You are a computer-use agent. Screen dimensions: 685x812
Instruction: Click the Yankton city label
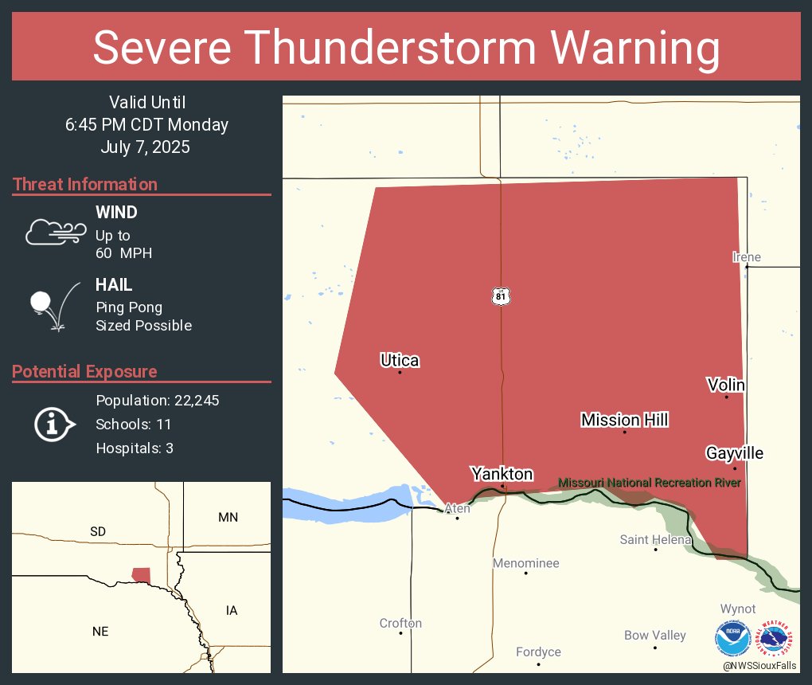pyautogui.click(x=502, y=474)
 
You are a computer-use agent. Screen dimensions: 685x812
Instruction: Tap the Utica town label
pyautogui.click(x=400, y=360)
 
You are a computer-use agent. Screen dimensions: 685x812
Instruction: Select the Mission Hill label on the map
pyautogui.click(x=624, y=420)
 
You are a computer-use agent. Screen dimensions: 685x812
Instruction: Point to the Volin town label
pyautogui.click(x=726, y=385)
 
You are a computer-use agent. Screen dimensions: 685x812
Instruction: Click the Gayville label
pyautogui.click(x=734, y=453)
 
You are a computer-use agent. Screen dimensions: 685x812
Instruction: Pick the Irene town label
pyautogui.click(x=747, y=256)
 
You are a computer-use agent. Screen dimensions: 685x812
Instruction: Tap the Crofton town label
pyautogui.click(x=400, y=623)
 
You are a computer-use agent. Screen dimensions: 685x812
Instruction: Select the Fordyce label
pyautogui.click(x=538, y=652)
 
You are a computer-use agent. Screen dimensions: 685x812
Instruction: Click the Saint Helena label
pyautogui.click(x=655, y=539)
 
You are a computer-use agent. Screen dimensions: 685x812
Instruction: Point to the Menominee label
pyautogui.click(x=525, y=563)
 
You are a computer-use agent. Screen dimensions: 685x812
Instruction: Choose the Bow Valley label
pyautogui.click(x=654, y=635)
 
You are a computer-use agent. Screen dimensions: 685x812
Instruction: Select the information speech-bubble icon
pyautogui.click(x=54, y=424)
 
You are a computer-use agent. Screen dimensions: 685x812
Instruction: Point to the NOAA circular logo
pyautogui.click(x=732, y=639)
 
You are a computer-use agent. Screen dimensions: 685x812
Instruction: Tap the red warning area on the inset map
pyautogui.click(x=141, y=575)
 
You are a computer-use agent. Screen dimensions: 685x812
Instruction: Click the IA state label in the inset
pyautogui.click(x=231, y=610)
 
